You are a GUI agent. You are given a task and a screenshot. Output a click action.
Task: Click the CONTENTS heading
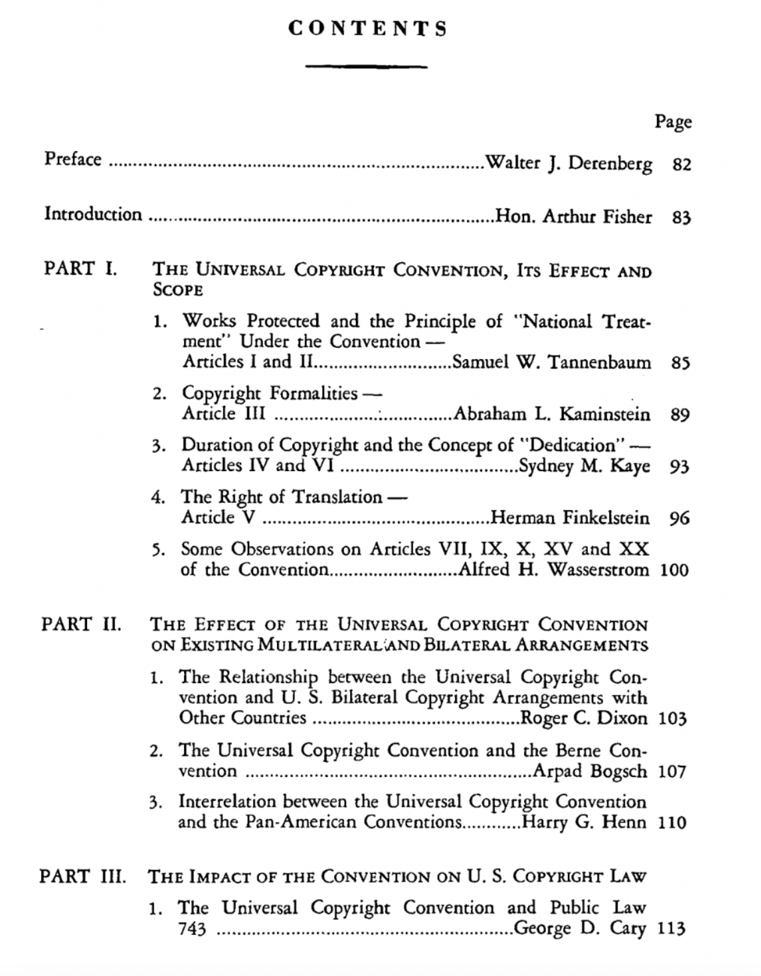click(x=368, y=29)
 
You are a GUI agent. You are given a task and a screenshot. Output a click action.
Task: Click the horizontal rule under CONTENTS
click(x=366, y=66)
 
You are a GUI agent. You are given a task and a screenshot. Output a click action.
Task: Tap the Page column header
click(x=673, y=122)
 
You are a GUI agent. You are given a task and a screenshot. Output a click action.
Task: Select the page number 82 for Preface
click(x=682, y=165)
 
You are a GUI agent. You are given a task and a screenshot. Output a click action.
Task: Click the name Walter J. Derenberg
click(x=568, y=163)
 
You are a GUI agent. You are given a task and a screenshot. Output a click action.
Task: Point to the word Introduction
click(x=92, y=214)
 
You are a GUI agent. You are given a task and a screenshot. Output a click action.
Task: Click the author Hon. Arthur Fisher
click(x=573, y=216)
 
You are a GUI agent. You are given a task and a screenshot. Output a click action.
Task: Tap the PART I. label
click(x=81, y=269)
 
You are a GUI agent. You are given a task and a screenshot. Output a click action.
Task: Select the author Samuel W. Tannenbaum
click(x=551, y=362)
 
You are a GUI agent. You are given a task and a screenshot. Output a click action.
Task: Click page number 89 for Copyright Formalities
click(x=680, y=414)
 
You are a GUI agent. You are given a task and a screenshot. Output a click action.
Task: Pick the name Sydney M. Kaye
click(x=583, y=466)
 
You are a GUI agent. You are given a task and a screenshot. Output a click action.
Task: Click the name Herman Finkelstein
click(x=570, y=518)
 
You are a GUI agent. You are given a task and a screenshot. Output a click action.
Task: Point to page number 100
click(x=674, y=571)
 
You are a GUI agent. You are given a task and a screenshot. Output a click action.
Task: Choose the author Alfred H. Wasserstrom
click(x=554, y=570)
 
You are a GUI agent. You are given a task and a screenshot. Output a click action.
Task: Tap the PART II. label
click(x=81, y=624)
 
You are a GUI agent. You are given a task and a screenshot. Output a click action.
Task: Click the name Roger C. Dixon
click(x=584, y=718)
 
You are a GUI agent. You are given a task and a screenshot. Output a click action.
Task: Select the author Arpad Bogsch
click(x=590, y=772)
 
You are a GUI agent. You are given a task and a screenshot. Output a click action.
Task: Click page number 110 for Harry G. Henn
click(x=673, y=823)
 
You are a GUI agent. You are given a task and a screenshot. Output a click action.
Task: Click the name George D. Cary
click(x=580, y=929)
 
